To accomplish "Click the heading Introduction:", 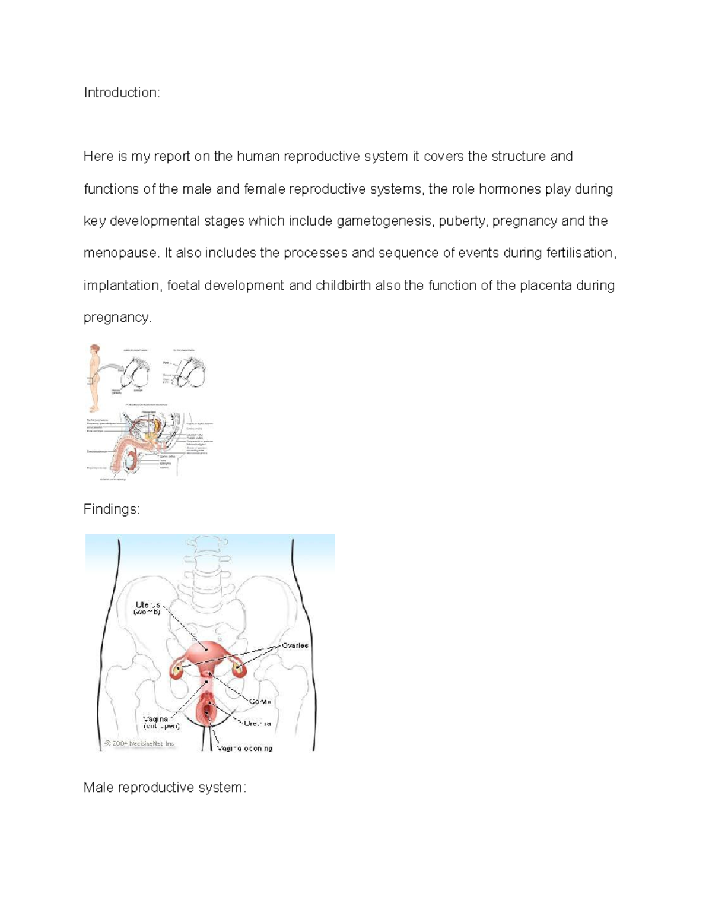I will [122, 93].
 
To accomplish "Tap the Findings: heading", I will [112, 509].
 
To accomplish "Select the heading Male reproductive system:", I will [164, 787].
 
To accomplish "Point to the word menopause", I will [121, 254].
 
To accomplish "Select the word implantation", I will [122, 286].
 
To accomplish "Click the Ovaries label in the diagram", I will [295, 645].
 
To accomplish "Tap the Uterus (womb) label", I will [148, 608].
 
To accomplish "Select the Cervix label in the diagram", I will [260, 701].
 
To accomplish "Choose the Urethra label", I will [258, 724].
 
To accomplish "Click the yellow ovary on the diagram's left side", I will [176, 671].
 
